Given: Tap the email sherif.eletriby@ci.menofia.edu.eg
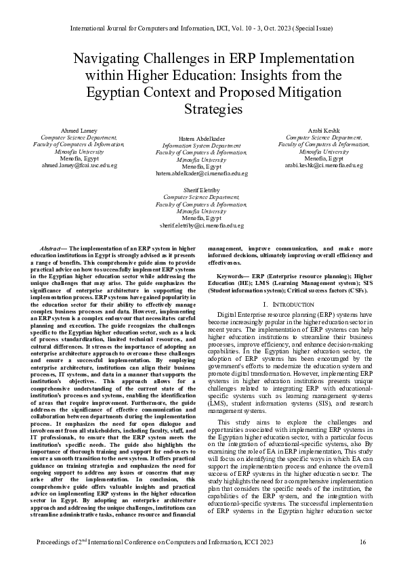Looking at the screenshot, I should coord(201,225).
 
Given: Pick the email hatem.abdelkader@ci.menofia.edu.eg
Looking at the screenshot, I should coord(202,173).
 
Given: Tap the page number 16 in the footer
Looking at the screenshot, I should coord(363,542).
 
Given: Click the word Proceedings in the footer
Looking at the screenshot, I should coord(57,542).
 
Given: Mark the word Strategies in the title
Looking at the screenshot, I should coord(213,108).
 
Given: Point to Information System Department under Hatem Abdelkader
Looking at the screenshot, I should coord(201,145).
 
